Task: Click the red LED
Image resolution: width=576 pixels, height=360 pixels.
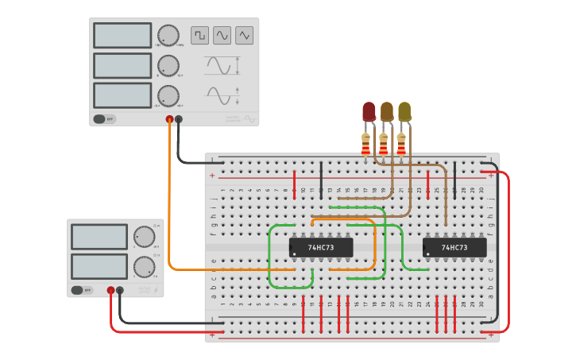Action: (x=369, y=112)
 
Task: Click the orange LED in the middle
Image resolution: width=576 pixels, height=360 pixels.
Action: (x=387, y=112)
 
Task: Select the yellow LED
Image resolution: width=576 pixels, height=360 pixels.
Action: (x=404, y=112)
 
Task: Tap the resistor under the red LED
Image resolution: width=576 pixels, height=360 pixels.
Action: (x=365, y=145)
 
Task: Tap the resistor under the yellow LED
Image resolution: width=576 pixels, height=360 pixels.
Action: (x=401, y=145)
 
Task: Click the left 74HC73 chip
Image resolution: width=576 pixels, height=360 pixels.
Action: (x=321, y=248)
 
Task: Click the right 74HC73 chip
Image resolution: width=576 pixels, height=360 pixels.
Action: (x=454, y=248)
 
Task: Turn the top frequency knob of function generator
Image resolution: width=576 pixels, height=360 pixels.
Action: (x=168, y=35)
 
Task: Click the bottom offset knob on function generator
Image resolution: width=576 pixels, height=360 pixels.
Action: (x=168, y=95)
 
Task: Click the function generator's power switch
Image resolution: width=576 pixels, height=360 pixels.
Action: (x=104, y=119)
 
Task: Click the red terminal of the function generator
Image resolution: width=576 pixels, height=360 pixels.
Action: (x=169, y=120)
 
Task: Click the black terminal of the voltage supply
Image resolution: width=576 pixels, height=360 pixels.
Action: (x=120, y=291)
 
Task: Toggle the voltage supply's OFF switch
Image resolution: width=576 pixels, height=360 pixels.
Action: (x=82, y=291)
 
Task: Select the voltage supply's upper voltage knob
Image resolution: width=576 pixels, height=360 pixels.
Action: (x=144, y=237)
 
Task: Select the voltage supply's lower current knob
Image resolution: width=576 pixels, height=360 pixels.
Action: (x=144, y=267)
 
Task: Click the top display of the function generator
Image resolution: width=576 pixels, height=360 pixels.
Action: (x=122, y=36)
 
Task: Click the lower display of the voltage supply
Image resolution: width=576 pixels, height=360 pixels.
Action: (x=99, y=266)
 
